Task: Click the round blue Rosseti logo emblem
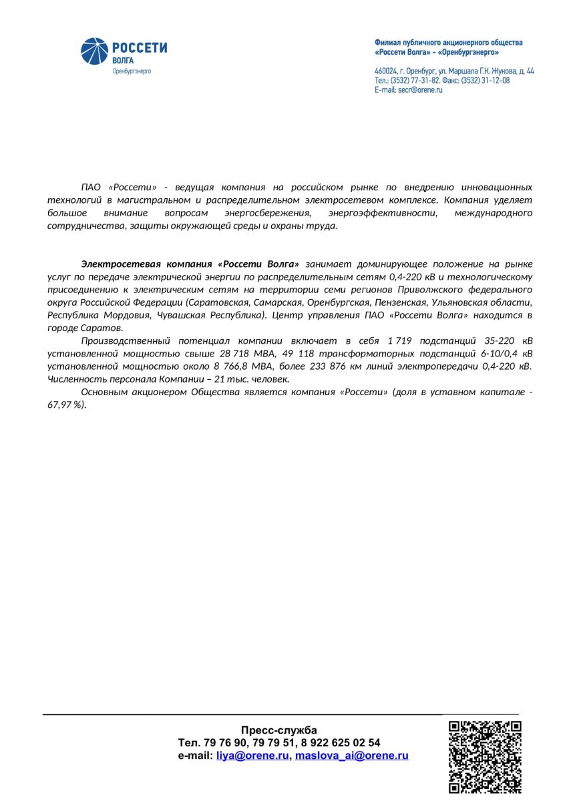click(93, 51)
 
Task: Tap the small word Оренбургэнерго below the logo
click(131, 71)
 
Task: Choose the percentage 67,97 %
click(65, 405)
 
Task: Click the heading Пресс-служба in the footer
click(279, 730)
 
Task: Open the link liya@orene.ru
click(252, 756)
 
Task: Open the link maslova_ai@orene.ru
click(351, 756)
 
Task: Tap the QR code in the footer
click(484, 756)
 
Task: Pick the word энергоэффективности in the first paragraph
click(383, 213)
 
